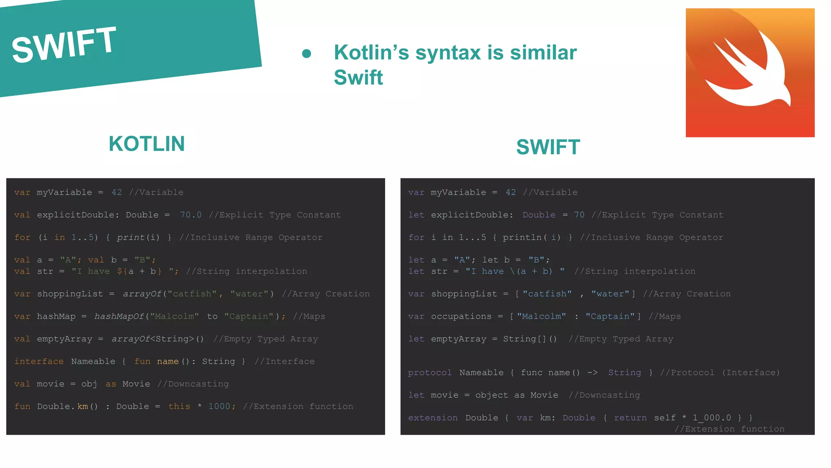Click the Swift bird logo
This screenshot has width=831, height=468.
coord(750,73)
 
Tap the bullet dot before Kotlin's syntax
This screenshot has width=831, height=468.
coord(307,54)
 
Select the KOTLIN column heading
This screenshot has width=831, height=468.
coord(146,144)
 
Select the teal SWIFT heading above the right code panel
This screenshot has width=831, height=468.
coord(548,147)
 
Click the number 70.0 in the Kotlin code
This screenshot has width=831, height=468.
coord(191,215)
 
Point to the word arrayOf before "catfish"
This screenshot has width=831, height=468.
coord(142,294)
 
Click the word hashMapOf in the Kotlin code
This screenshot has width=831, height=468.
coord(119,316)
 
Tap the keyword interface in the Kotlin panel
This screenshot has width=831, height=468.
coord(39,362)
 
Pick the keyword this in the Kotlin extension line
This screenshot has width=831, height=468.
coord(179,407)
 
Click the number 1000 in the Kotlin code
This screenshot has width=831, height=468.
coord(219,407)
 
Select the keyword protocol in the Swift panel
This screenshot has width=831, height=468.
coord(430,373)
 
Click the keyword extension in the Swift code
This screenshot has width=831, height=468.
coord(433,418)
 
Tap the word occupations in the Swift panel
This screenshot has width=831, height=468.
coord(461,316)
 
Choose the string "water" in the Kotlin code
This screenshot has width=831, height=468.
coord(249,294)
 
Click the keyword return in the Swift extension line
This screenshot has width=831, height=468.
coord(630,418)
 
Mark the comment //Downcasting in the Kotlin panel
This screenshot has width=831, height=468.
coord(193,384)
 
